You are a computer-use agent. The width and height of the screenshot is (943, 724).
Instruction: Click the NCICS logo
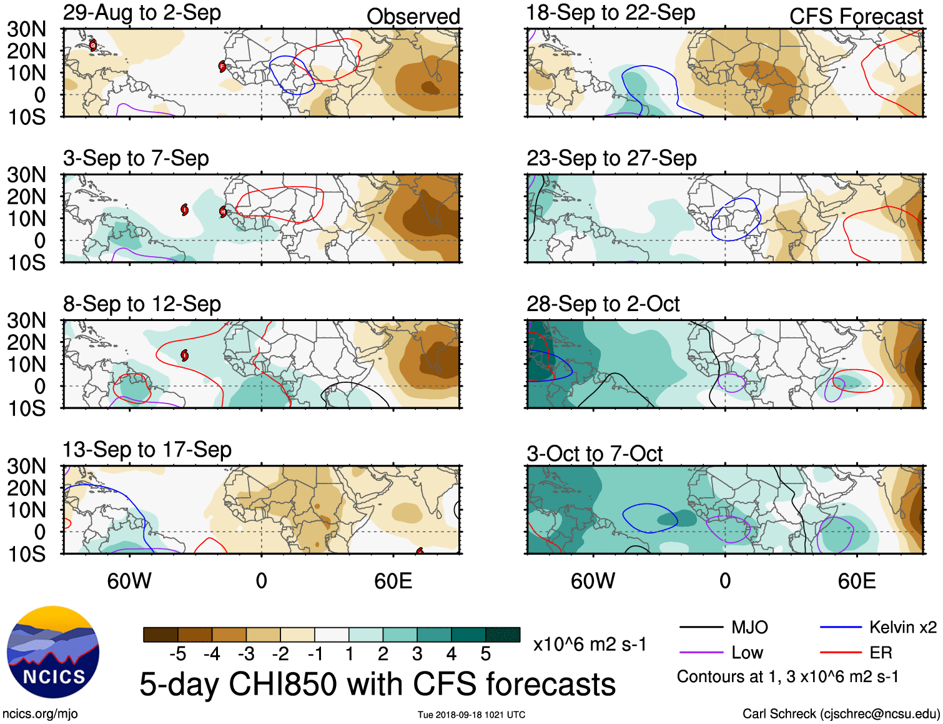(x=53, y=652)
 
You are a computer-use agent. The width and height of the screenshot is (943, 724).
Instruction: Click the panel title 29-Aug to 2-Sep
(x=142, y=12)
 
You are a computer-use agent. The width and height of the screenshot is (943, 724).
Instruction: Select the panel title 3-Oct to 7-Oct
(x=595, y=454)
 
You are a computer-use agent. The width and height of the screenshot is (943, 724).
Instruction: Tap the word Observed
(x=413, y=16)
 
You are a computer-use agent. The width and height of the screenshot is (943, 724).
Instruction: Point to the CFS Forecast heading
(x=856, y=16)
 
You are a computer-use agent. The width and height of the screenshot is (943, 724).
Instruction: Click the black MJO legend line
(x=701, y=627)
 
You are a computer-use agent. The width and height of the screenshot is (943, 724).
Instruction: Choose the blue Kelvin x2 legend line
(x=841, y=627)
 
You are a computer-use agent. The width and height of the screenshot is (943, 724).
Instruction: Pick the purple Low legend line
(x=701, y=653)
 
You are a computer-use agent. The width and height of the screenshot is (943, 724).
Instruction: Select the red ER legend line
(x=841, y=653)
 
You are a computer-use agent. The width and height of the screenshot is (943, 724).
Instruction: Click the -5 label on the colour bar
(x=177, y=654)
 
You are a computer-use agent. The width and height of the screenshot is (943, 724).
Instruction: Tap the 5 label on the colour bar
(x=486, y=654)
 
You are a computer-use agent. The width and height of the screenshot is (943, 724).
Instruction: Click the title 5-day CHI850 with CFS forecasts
(x=377, y=684)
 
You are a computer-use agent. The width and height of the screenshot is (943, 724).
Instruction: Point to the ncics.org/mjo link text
(x=40, y=713)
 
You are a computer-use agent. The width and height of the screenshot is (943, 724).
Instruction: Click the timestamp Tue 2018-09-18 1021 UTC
(x=471, y=715)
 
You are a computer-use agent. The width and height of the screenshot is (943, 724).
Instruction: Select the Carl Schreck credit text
(x=841, y=713)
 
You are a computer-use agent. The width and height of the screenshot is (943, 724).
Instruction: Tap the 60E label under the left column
(x=393, y=581)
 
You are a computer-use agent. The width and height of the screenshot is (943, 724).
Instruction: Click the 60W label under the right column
(x=593, y=581)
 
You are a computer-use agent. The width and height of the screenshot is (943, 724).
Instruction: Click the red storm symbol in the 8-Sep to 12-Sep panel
(x=185, y=355)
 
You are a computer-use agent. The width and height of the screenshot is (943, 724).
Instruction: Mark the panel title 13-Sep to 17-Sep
(x=147, y=450)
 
